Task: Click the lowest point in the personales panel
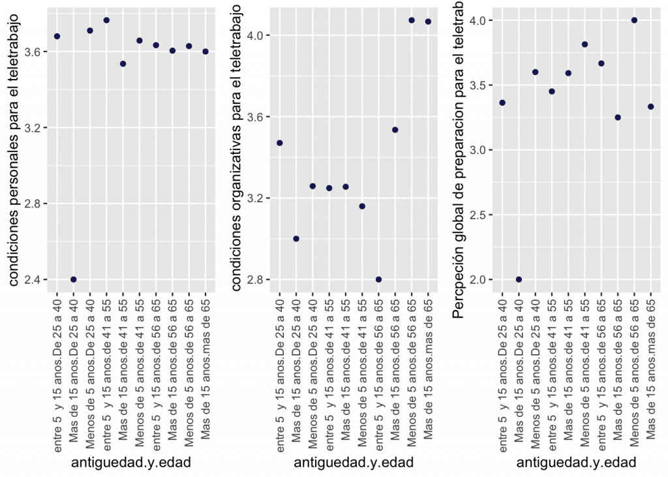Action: pyautogui.click(x=74, y=279)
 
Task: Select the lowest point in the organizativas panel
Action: pyautogui.click(x=378, y=279)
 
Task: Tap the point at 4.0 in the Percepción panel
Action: pyautogui.click(x=634, y=20)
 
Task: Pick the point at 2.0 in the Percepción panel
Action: pyautogui.click(x=519, y=279)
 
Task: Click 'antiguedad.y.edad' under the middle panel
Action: pyautogui.click(x=354, y=463)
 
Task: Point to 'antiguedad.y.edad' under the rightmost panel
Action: pyautogui.click(x=576, y=463)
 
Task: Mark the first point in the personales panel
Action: pyautogui.click(x=57, y=36)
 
